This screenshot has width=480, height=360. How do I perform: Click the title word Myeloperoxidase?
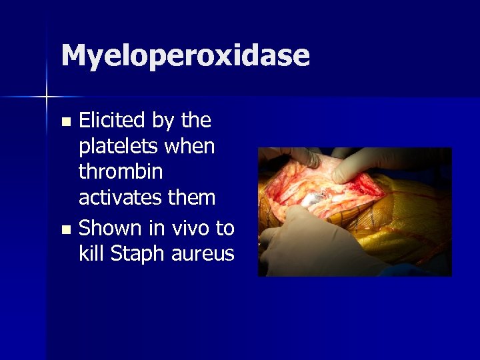tap(185, 56)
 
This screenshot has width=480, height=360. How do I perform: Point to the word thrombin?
tap(120, 172)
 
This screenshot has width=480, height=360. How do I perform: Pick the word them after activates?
tap(194, 198)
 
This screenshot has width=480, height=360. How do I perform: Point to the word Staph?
tap(132, 255)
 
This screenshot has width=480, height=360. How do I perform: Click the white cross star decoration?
tap(47, 97)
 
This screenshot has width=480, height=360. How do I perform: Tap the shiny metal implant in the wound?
tap(313, 195)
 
